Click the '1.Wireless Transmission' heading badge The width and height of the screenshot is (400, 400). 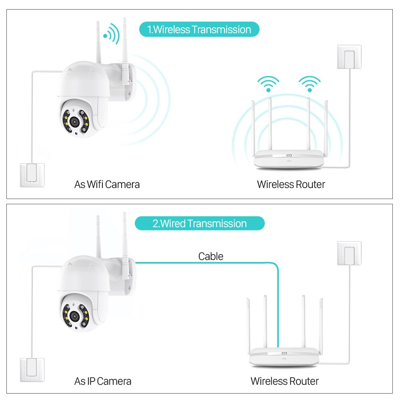click(199, 29)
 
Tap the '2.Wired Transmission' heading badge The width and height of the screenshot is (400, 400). click(200, 224)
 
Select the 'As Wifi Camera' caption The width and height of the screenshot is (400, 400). click(107, 184)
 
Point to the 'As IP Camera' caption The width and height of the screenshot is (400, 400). click(103, 381)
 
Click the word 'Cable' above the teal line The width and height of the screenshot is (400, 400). click(211, 256)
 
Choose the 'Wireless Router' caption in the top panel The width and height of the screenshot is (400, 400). click(291, 184)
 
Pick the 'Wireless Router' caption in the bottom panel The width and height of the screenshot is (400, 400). click(285, 381)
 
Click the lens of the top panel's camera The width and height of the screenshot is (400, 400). click(74, 122)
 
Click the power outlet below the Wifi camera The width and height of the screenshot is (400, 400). click(32, 175)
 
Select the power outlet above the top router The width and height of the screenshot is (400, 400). click(349, 57)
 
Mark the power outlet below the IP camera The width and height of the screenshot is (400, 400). click(32, 370)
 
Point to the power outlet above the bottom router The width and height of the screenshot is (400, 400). click(349, 253)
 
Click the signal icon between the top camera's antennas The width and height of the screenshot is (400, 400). click(112, 34)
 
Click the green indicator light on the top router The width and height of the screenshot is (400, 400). click(289, 155)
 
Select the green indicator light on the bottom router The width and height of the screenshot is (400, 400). click(284, 353)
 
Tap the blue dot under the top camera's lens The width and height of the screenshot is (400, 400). click(76, 133)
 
